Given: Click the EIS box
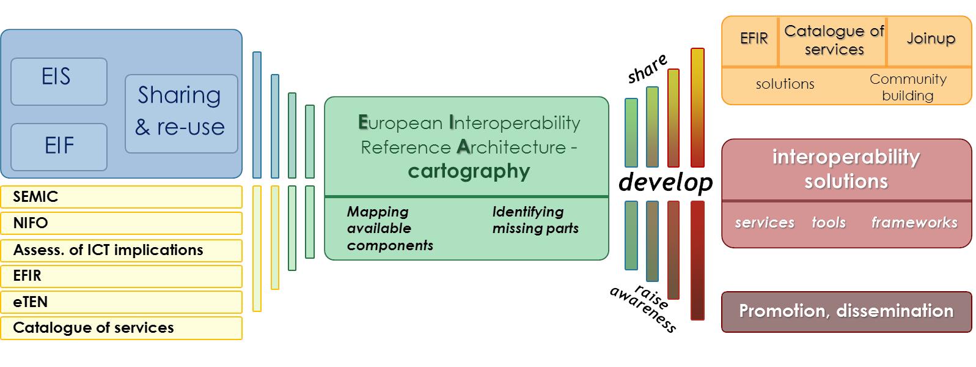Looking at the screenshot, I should [59, 81].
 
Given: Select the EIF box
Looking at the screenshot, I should [59, 147].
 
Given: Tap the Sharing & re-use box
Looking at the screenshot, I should [181, 113].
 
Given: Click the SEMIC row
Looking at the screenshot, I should [121, 197].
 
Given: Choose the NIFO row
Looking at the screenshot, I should [121, 223].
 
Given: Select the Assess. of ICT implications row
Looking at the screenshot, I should [121, 250].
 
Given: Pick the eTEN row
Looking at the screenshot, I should [121, 302].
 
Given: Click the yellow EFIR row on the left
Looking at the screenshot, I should [121, 276].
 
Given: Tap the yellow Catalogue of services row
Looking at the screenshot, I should [121, 328].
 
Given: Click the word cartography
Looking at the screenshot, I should [469, 171].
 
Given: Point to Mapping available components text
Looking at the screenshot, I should [390, 229].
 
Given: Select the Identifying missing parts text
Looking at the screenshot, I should [535, 220].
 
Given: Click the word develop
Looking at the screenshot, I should [666, 182].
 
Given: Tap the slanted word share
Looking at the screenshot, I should [647, 69].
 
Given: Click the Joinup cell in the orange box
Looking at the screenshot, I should [930, 39].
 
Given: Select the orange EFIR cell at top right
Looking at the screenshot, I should [754, 39].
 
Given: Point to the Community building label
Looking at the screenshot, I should [908, 87].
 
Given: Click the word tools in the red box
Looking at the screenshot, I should [828, 223].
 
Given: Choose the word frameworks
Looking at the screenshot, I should [914, 223].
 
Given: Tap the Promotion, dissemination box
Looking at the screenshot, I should [846, 311].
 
